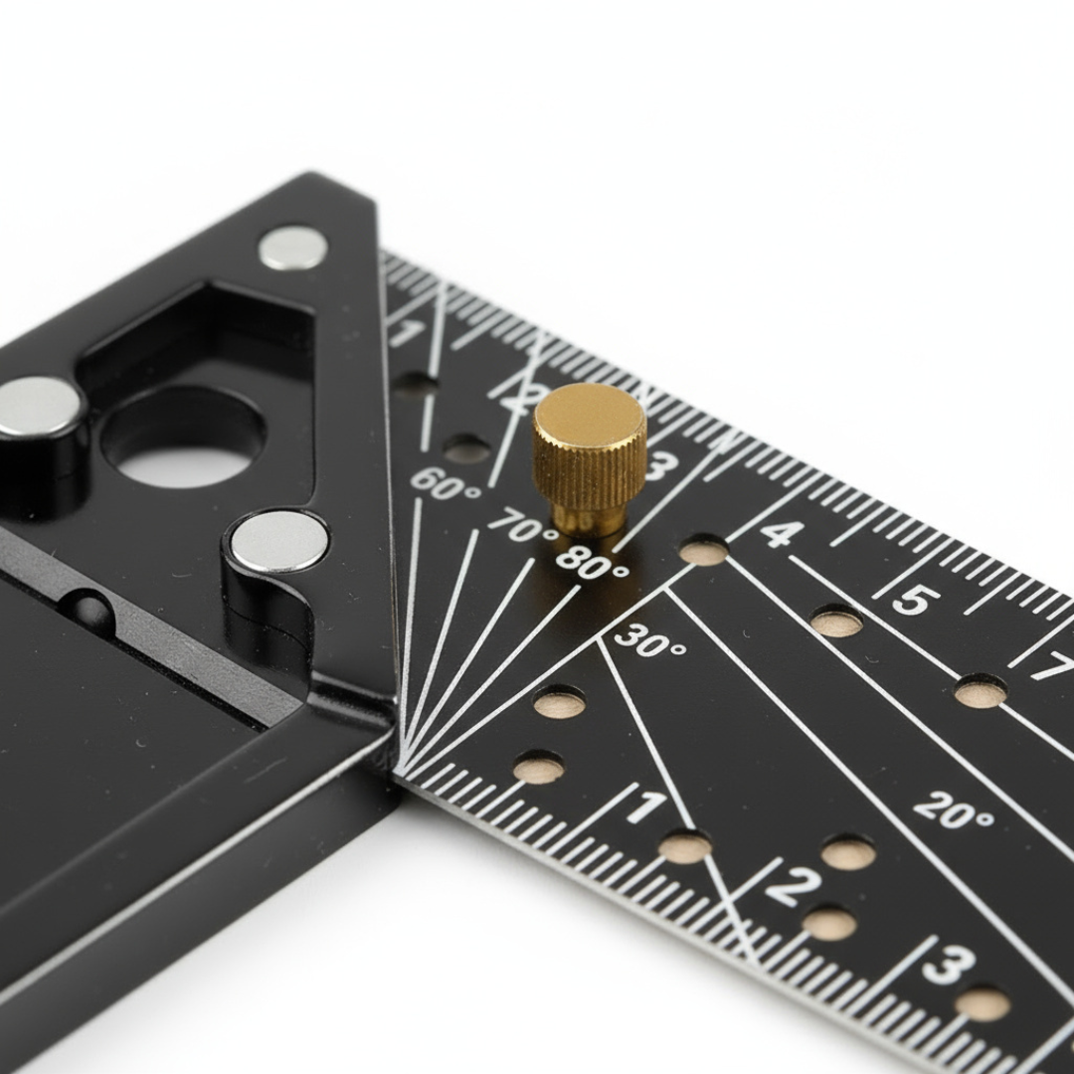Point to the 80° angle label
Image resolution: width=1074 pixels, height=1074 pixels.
tap(592, 565)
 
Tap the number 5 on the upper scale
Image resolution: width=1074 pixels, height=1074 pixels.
tap(915, 600)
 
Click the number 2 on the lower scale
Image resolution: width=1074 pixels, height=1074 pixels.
tap(793, 884)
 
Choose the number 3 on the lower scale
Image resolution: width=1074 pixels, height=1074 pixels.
tap(947, 964)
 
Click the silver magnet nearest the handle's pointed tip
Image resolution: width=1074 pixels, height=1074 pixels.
tap(292, 249)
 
